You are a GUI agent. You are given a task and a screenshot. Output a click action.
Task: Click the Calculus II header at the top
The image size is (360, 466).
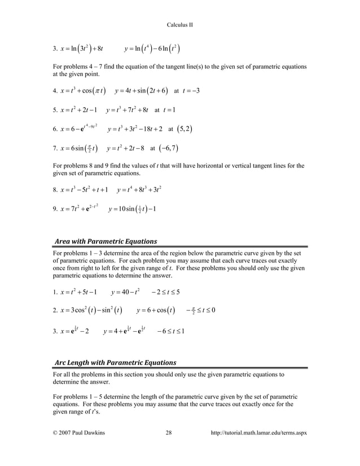181,25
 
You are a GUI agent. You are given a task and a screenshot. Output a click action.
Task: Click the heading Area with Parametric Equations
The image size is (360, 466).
106,241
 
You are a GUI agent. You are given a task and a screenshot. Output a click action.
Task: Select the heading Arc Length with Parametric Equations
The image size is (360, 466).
115,362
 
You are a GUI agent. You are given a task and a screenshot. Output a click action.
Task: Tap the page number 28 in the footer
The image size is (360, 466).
169,433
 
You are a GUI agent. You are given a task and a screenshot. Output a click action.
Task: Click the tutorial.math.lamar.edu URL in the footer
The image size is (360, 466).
258,433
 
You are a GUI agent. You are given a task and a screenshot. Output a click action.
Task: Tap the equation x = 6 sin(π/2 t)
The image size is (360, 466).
79,148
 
